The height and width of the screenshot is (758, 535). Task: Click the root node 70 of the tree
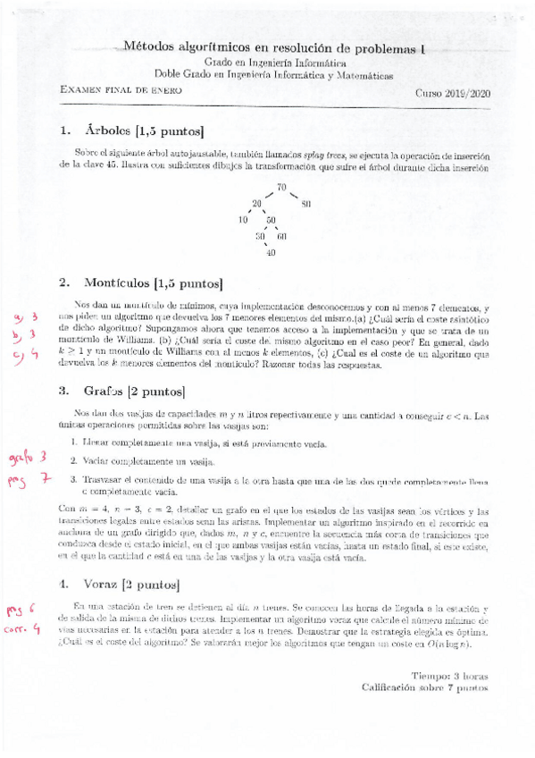coord(281,187)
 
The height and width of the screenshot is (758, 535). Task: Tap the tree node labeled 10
coord(243,220)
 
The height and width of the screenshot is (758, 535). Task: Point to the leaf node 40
coord(272,253)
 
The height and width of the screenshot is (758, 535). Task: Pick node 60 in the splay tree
coord(281,237)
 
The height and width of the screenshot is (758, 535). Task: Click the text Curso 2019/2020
coord(453,92)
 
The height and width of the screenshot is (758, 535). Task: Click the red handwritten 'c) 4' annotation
coord(23,354)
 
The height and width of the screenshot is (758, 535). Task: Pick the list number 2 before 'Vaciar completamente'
coord(73,461)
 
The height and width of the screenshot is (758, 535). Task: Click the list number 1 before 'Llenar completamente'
coord(73,442)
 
